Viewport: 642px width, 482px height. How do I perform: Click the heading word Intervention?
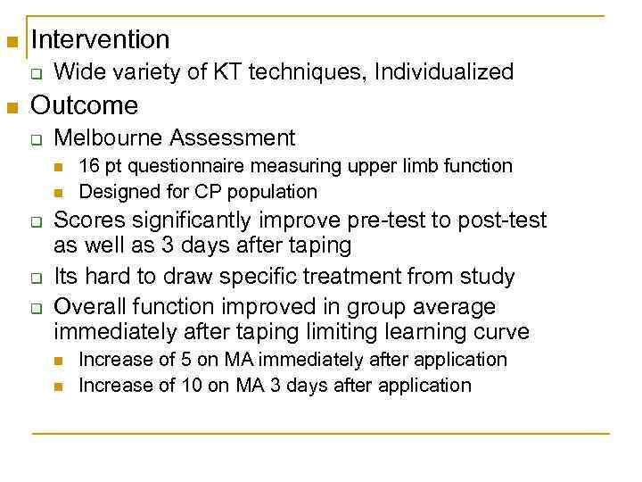point(100,39)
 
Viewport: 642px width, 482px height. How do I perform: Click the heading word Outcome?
point(85,106)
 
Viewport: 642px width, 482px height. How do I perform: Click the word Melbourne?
point(108,138)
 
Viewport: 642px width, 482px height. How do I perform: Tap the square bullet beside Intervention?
point(12,42)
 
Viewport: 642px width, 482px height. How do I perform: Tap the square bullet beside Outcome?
point(12,109)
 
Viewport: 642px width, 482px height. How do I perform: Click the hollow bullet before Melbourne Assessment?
point(37,140)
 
